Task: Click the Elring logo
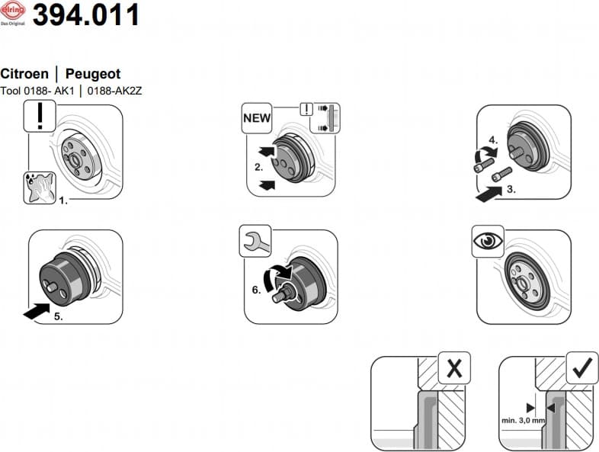pyautogui.click(x=13, y=13)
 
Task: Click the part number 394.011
pyautogui.click(x=86, y=15)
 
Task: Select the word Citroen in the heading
pyautogui.click(x=24, y=74)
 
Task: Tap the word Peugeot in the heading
pyautogui.click(x=93, y=74)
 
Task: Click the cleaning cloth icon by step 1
pyautogui.click(x=39, y=188)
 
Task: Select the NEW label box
pyautogui.click(x=257, y=118)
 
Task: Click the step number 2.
pyautogui.click(x=258, y=166)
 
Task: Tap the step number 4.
pyautogui.click(x=492, y=140)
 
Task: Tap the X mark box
pyautogui.click(x=453, y=368)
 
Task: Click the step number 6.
pyautogui.click(x=257, y=290)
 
